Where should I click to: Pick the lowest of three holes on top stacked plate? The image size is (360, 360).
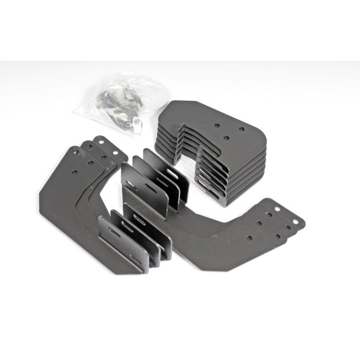coord(228,138)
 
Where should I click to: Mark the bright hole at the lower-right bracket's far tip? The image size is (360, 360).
coord(278,209)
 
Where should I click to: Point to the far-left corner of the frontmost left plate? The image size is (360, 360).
coord(40,197)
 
